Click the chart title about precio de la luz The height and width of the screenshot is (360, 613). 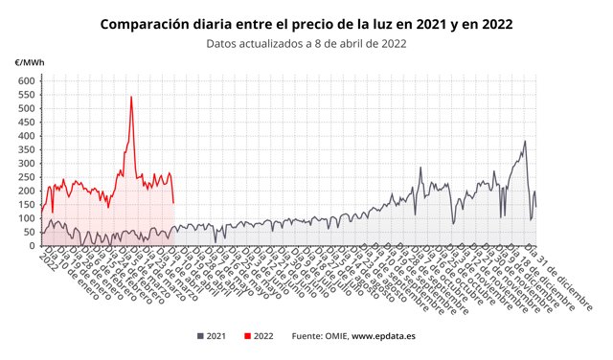(x=306, y=23)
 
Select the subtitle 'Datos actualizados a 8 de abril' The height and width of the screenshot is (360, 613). (x=306, y=42)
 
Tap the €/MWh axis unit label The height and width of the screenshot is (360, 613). (x=29, y=63)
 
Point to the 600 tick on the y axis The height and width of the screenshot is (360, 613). (x=25, y=81)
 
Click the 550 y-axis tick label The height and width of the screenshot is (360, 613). (x=25, y=95)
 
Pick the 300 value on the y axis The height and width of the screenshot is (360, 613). (x=25, y=164)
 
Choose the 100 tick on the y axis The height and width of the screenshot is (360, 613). (x=25, y=218)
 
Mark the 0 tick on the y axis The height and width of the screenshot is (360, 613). (x=31, y=246)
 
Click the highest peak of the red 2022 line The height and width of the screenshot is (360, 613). (x=131, y=97)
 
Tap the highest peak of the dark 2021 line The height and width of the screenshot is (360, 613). (x=525, y=142)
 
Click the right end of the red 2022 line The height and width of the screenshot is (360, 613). (x=172, y=202)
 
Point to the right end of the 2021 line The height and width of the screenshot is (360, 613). (x=535, y=206)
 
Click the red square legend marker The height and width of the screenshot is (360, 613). (x=248, y=336)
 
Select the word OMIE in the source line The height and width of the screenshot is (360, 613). (x=334, y=336)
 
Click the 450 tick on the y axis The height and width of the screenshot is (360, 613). (x=25, y=123)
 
